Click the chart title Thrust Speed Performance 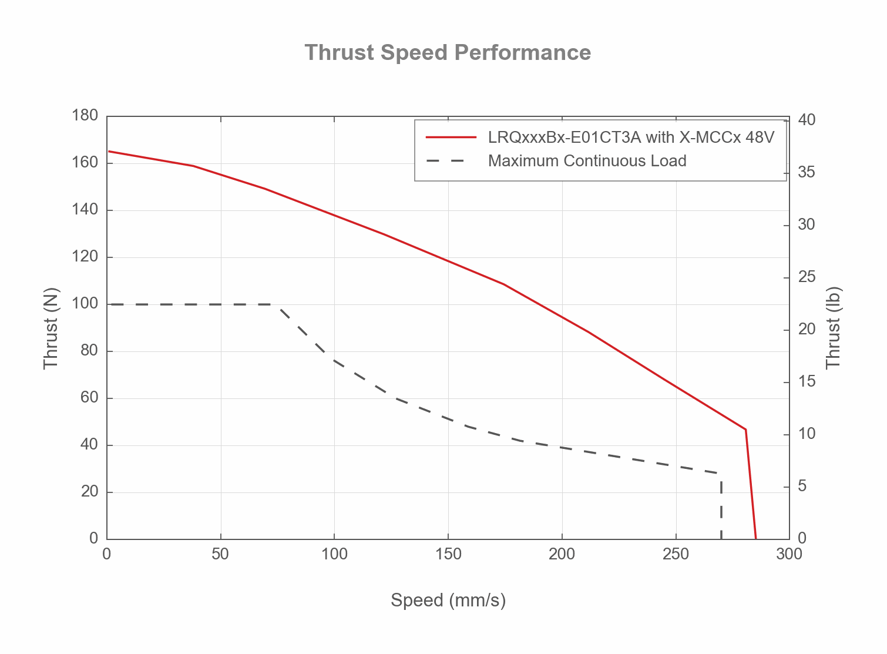click(448, 53)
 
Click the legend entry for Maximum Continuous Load click(587, 161)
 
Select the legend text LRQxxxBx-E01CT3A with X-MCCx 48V click(631, 137)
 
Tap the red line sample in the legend click(451, 137)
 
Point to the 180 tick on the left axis click(85, 116)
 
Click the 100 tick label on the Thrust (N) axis click(85, 304)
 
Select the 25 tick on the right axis click(807, 277)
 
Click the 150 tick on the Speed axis click(448, 554)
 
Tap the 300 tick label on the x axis click(789, 554)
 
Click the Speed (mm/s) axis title click(448, 601)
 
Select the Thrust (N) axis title click(51, 328)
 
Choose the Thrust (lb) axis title click(834, 328)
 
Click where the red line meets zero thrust click(755, 538)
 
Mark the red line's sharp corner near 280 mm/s click(745, 430)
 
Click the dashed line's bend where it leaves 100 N click(278, 304)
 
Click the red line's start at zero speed click(108, 151)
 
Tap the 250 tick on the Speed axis click(676, 554)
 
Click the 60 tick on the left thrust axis click(89, 398)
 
